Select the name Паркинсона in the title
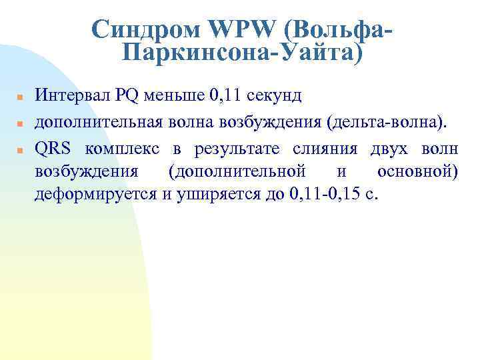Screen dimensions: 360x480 (x=194, y=53)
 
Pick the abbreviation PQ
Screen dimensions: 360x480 (x=126, y=95)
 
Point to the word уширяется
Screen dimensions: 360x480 (x=198, y=195)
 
